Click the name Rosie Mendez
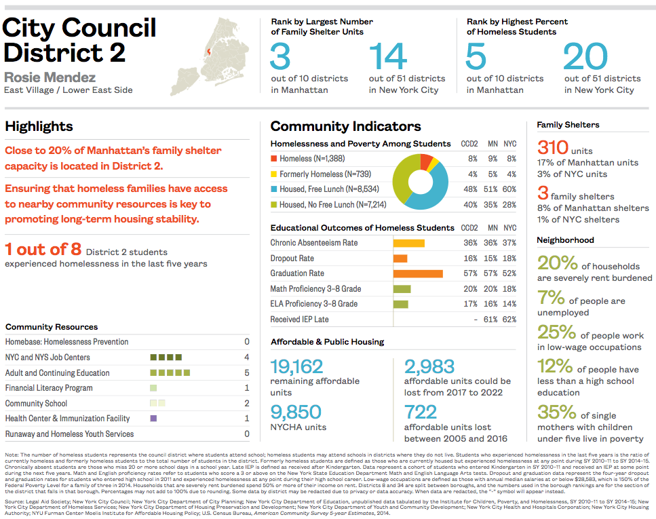[x=50, y=77]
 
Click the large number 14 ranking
[x=388, y=57]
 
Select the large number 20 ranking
[x=584, y=57]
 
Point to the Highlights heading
[x=39, y=127]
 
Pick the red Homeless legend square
[x=273, y=159]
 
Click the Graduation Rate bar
[x=418, y=273]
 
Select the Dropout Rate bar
[x=400, y=258]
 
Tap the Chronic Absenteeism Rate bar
[x=409, y=243]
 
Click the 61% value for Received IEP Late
[x=493, y=320]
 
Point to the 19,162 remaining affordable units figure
[x=296, y=367]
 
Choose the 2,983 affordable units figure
[x=429, y=367]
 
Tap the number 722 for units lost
[x=421, y=412]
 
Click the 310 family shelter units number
[x=553, y=147]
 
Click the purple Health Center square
[x=153, y=419]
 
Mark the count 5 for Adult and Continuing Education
[x=247, y=373]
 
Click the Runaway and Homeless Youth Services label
[x=70, y=434]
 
